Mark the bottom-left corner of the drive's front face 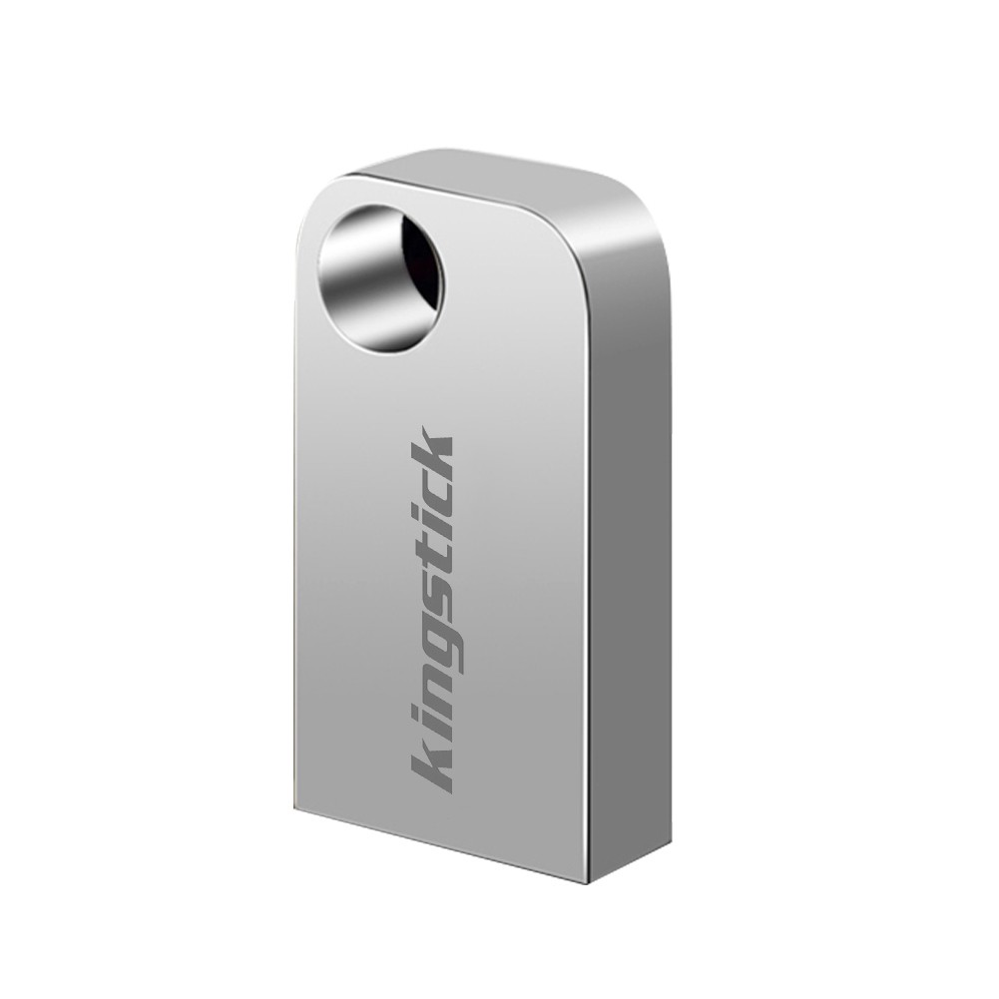tap(296, 806)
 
